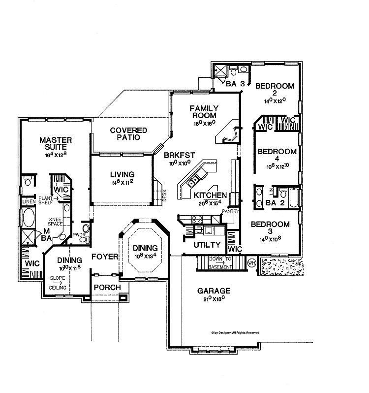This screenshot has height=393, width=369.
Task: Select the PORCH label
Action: [104, 288]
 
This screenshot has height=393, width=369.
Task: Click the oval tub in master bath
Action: [29, 217]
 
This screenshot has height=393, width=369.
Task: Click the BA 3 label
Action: [235, 84]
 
